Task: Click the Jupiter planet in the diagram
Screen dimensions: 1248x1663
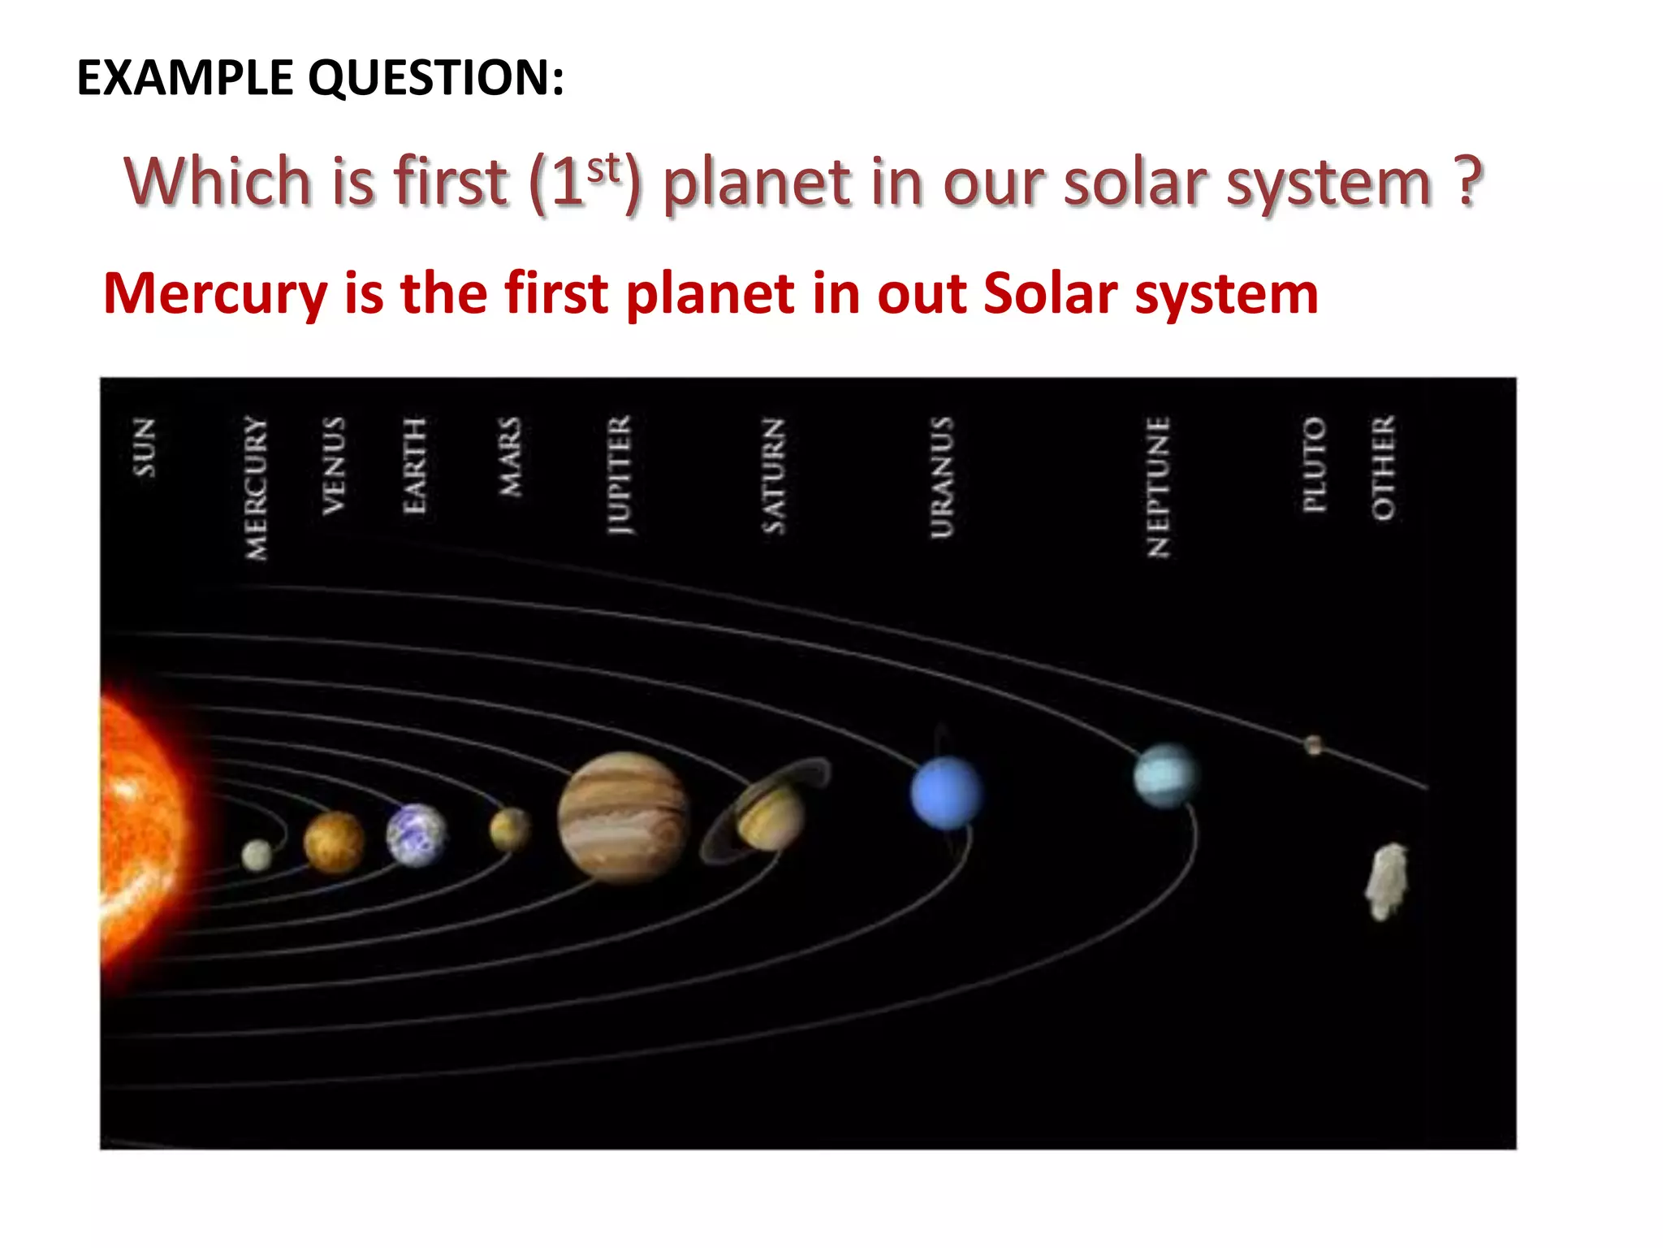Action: click(x=623, y=816)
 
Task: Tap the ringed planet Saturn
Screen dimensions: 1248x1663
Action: click(x=768, y=812)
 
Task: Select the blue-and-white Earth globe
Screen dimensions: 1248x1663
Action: click(x=417, y=835)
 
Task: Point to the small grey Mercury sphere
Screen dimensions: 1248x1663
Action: click(x=257, y=855)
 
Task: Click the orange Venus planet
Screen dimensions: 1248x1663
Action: click(x=334, y=842)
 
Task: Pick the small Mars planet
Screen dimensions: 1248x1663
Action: click(x=509, y=829)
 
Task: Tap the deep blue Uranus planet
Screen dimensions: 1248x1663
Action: click(x=945, y=793)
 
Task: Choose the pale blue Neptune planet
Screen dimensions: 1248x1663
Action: click(x=1165, y=775)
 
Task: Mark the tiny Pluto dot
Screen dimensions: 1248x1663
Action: click(x=1313, y=744)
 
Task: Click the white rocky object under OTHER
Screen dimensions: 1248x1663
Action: click(x=1386, y=882)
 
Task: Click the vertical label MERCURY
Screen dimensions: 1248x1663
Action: click(x=257, y=487)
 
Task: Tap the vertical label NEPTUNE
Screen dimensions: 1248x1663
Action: click(x=1158, y=487)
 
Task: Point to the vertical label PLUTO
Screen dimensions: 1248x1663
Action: click(x=1314, y=465)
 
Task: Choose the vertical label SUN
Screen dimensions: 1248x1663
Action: click(x=144, y=447)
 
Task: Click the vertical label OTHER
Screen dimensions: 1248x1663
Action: click(x=1383, y=467)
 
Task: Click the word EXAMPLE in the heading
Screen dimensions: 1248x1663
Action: click(x=185, y=78)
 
